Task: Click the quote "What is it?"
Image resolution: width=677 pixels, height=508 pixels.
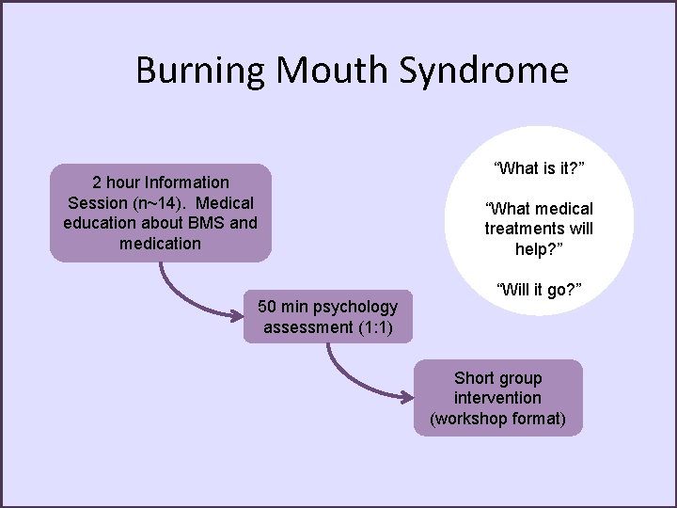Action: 539,168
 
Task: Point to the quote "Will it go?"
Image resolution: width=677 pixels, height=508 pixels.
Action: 539,289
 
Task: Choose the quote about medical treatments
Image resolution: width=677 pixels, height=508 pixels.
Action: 539,229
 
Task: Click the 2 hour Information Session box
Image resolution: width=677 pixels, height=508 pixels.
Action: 160,213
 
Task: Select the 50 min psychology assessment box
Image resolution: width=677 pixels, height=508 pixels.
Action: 327,317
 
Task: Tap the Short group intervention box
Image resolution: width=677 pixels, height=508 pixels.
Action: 497,398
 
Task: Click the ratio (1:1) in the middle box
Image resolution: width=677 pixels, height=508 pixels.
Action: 371,327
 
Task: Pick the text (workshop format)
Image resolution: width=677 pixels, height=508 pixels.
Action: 497,419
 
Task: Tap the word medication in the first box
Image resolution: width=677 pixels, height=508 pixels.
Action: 160,244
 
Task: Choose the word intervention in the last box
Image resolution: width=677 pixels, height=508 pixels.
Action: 497,398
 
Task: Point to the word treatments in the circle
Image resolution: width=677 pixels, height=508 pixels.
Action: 539,229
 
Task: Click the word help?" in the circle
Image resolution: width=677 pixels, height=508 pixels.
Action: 539,249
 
